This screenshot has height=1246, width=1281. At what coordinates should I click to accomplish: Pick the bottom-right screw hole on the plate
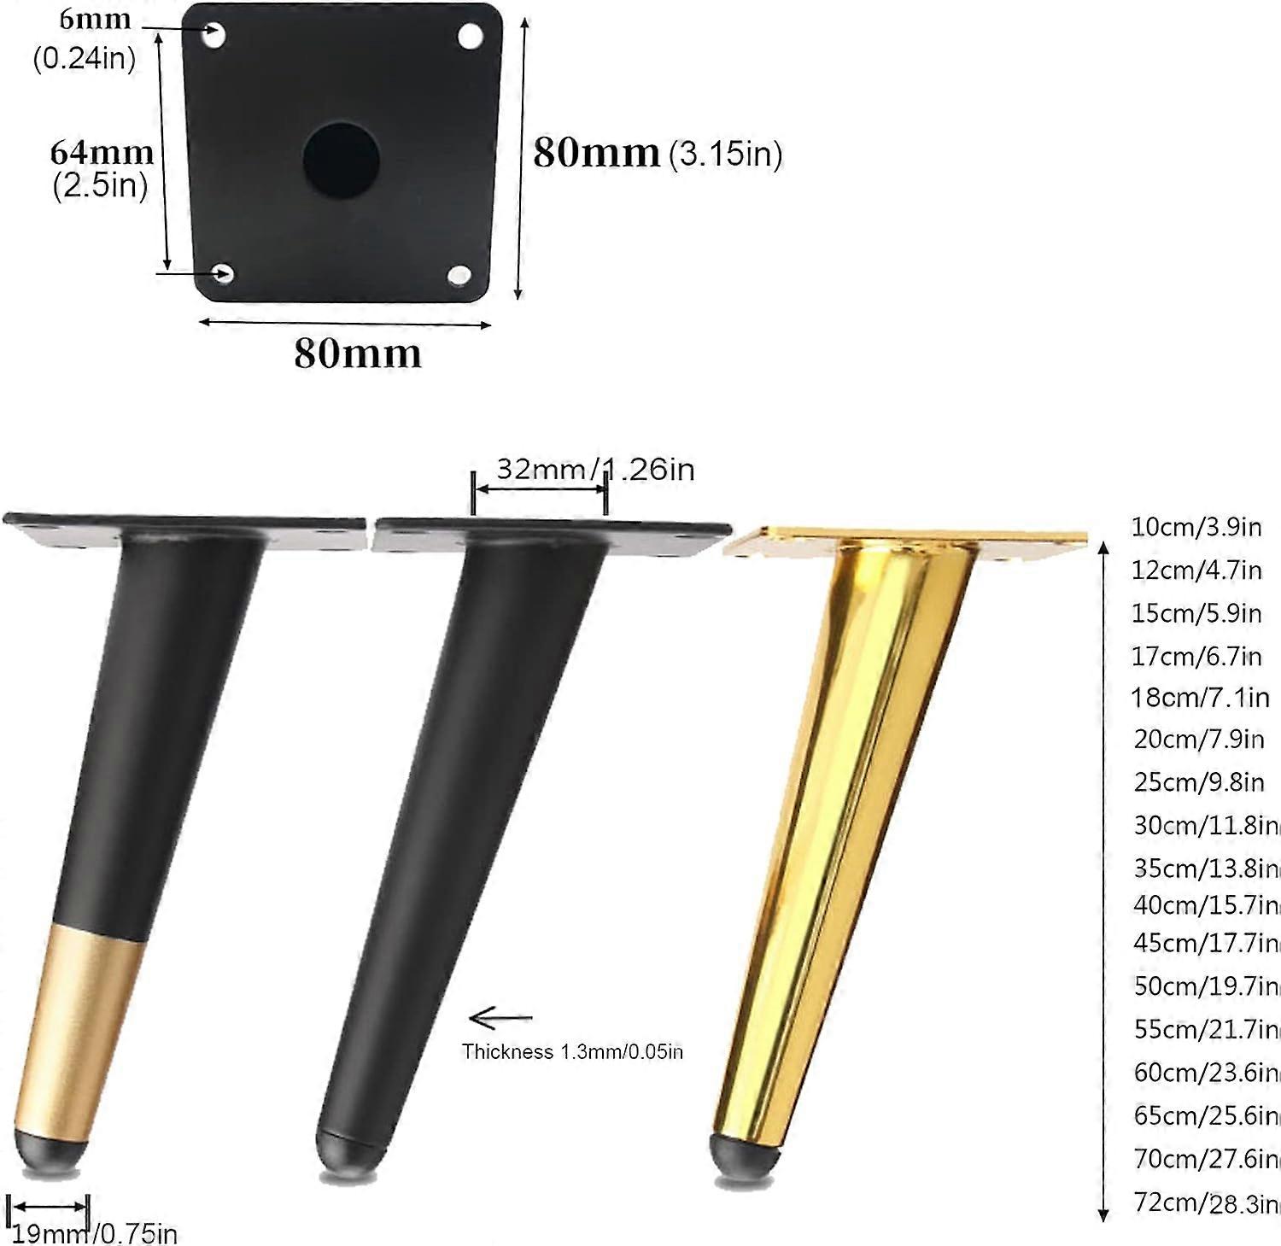tap(459, 275)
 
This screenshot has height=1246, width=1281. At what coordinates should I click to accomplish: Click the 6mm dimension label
tap(95, 19)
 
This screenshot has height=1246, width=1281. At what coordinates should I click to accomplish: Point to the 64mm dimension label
tap(102, 152)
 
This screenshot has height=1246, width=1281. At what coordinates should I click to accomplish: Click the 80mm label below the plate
tap(358, 353)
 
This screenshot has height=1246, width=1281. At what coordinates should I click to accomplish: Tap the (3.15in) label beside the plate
tap(725, 154)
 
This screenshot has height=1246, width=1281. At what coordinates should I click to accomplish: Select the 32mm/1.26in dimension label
tap(595, 469)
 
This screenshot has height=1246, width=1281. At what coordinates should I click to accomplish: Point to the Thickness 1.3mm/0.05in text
tap(572, 1051)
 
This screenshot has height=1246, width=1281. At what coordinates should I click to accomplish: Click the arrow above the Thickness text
tap(501, 1017)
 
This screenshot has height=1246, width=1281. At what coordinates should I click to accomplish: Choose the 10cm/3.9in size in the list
tap(1196, 526)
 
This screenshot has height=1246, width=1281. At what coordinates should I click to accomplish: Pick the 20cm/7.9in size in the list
tap(1199, 738)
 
